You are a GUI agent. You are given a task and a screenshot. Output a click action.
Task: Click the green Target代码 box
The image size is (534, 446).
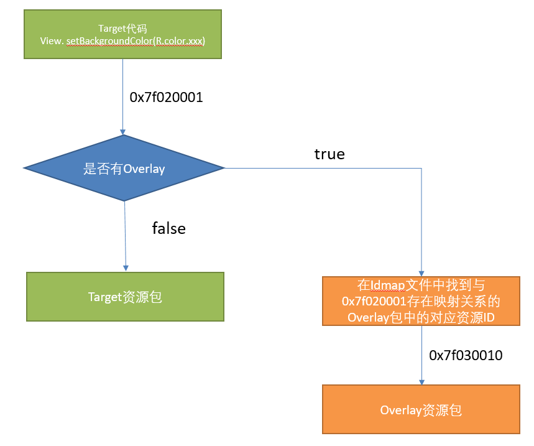pos(122,34)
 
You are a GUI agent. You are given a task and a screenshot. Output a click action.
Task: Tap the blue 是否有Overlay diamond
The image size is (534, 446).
pos(124,168)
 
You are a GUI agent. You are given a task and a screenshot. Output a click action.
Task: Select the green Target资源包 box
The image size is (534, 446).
pos(125,297)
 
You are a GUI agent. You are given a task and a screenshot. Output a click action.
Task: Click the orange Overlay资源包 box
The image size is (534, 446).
pos(421,410)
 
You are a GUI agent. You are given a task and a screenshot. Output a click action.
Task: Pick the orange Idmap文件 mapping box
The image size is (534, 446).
pos(421,301)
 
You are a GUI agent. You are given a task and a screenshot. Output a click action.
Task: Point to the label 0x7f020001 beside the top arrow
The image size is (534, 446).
pos(166,98)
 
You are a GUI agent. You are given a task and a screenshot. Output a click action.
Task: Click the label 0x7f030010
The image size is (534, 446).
pos(466,356)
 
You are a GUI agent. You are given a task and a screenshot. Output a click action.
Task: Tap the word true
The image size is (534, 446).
pos(329,154)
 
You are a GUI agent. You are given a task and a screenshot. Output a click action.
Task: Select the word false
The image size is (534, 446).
pos(169,228)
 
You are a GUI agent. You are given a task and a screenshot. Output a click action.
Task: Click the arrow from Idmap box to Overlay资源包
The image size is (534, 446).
pos(422,355)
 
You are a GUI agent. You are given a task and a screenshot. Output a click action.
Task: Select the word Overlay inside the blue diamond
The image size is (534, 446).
pos(144,169)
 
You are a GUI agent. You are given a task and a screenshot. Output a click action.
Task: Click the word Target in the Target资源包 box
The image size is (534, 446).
pos(104,297)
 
